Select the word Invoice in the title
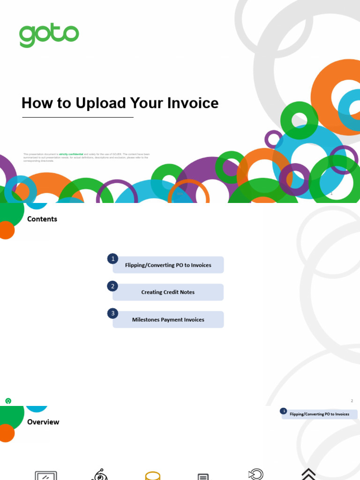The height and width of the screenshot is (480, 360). click(x=193, y=103)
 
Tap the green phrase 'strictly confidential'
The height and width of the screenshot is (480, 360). click(x=71, y=154)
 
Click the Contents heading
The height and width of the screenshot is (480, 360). click(x=42, y=219)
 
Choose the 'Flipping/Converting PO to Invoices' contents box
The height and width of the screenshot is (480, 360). click(x=168, y=265)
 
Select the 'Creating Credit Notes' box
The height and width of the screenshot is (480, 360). click(x=168, y=292)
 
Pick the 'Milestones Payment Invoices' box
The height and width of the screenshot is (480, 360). click(x=168, y=320)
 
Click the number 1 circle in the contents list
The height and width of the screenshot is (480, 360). click(x=112, y=259)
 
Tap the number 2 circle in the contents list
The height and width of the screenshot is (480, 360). click(x=112, y=286)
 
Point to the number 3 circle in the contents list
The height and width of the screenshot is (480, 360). click(x=112, y=313)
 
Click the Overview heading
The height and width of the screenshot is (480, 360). click(x=43, y=422)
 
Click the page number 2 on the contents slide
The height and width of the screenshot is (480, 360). click(x=352, y=401)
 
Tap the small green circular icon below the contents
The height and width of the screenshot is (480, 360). click(x=8, y=401)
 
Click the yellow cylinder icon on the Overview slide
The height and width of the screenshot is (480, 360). click(x=153, y=476)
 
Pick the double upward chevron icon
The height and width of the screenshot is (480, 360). click(x=308, y=474)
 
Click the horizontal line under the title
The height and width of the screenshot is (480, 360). click(x=78, y=117)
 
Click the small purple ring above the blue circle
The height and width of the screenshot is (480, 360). click(x=274, y=139)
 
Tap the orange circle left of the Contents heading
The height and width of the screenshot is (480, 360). click(x=6, y=230)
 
